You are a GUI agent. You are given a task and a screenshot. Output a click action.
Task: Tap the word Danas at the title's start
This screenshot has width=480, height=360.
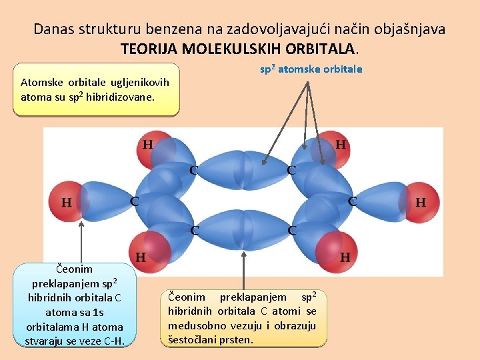point(53,29)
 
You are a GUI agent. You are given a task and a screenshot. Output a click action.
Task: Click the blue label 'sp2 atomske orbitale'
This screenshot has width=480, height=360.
point(311,69)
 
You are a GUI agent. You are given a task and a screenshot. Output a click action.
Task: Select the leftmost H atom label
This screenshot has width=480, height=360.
point(67,202)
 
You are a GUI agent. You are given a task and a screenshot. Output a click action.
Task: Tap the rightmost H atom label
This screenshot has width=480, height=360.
point(421,202)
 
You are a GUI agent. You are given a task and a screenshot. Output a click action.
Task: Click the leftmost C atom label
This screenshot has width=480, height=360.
point(135,201)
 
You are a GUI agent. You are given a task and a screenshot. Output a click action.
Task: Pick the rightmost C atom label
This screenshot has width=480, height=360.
point(352,201)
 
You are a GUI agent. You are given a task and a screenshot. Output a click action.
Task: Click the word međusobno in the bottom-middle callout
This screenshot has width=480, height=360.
point(196,325)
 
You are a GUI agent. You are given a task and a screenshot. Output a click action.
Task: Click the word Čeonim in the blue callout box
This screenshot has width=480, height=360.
point(74,269)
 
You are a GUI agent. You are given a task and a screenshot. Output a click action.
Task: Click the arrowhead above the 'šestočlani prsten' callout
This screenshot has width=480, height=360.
point(244,235)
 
